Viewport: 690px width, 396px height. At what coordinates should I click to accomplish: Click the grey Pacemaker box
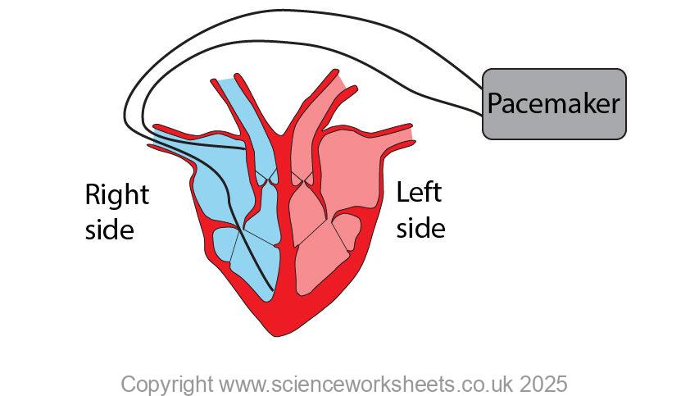point(554,104)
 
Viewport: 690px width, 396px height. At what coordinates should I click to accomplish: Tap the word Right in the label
point(117,196)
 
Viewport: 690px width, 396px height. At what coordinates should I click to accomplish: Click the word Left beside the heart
point(419,193)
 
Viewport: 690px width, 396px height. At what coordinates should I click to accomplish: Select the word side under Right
point(109,230)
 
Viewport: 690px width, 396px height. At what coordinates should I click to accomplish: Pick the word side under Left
point(420,227)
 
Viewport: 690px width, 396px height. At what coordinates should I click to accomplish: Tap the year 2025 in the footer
point(538,384)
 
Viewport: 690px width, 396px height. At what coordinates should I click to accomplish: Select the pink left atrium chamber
point(344,172)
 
